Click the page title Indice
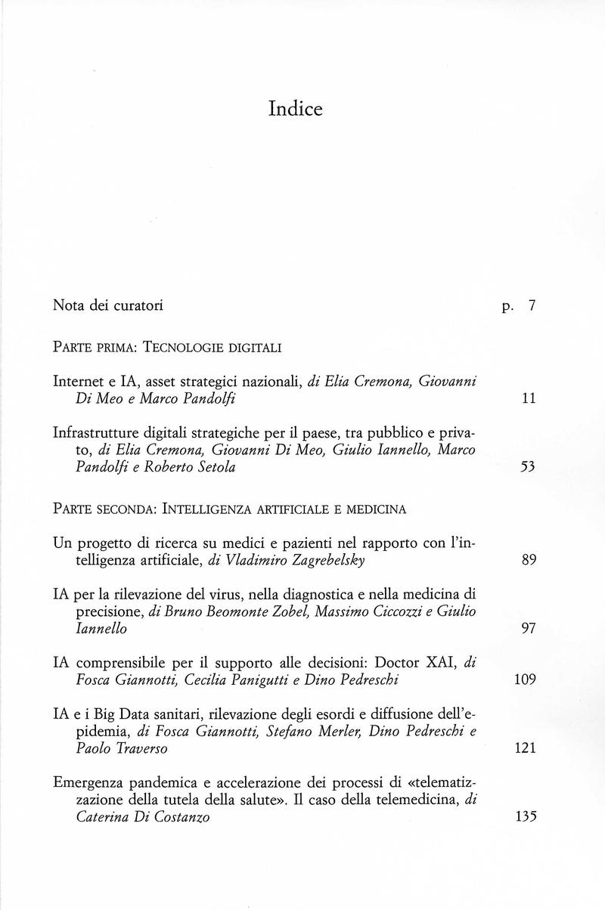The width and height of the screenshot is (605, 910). [295, 110]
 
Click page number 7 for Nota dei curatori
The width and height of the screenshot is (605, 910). [532, 306]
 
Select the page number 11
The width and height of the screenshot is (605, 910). [529, 398]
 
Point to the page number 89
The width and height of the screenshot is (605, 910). [529, 561]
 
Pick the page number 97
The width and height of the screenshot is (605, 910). [529, 630]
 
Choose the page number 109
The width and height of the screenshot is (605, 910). [525, 679]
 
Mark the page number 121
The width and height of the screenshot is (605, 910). [525, 748]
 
